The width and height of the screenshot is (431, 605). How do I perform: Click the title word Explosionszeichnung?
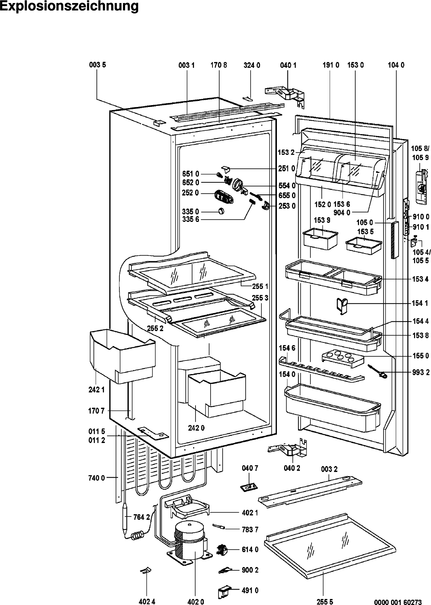69,7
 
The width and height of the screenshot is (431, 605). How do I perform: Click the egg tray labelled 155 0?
343,358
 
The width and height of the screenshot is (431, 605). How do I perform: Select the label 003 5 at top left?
97,65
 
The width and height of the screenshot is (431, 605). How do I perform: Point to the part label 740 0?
96,478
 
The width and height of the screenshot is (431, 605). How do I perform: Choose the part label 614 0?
250,550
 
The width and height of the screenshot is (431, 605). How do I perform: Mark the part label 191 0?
331,65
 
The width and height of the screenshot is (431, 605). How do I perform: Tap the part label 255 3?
260,298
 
